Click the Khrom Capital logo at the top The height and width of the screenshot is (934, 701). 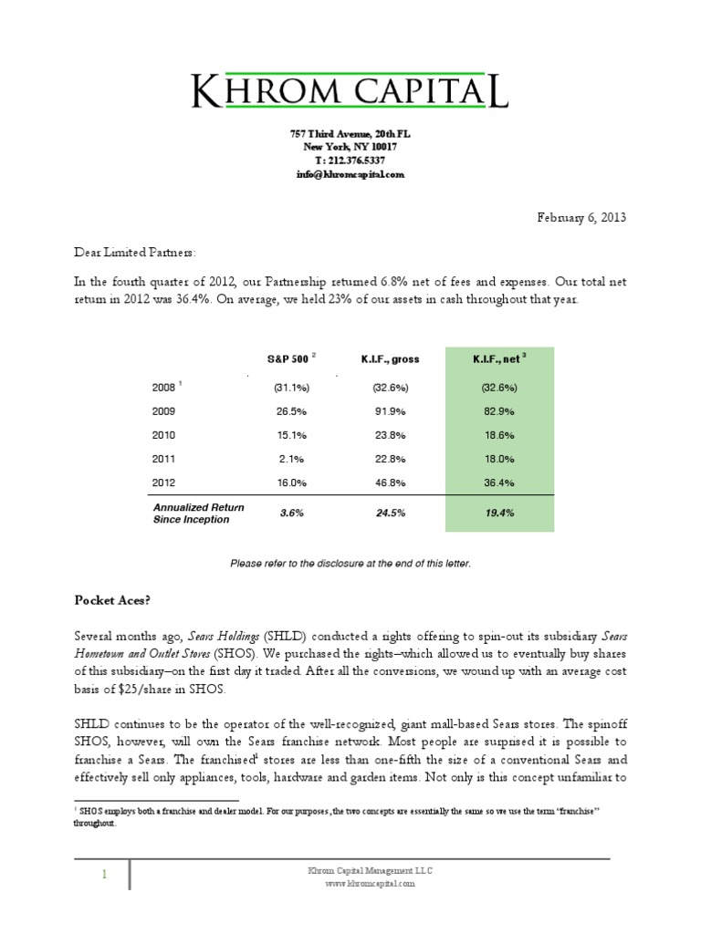click(x=350, y=91)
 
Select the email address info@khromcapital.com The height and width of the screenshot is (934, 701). click(x=350, y=173)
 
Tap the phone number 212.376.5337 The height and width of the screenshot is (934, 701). click(x=350, y=160)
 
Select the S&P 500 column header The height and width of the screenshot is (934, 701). click(x=289, y=359)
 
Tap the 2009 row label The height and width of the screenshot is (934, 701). click(x=163, y=411)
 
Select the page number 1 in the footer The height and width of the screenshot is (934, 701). click(x=104, y=876)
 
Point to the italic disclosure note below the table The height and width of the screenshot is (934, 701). click(x=350, y=564)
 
